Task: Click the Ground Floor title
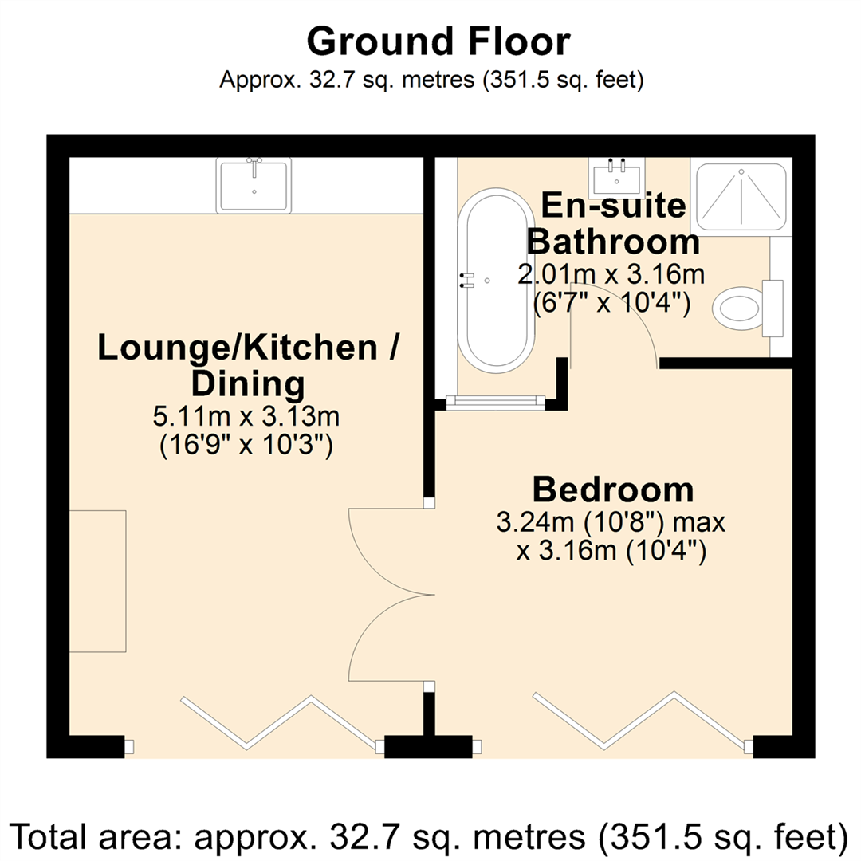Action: pyautogui.click(x=438, y=41)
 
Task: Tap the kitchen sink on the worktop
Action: pyautogui.click(x=254, y=185)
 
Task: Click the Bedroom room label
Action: pyautogui.click(x=611, y=489)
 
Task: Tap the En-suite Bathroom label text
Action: pyautogui.click(x=613, y=223)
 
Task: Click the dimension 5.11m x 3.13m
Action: pyautogui.click(x=247, y=416)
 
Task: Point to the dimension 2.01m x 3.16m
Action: pyautogui.click(x=611, y=275)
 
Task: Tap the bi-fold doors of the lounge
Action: pyautogui.click(x=279, y=721)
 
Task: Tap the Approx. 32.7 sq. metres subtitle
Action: pyautogui.click(x=431, y=81)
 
